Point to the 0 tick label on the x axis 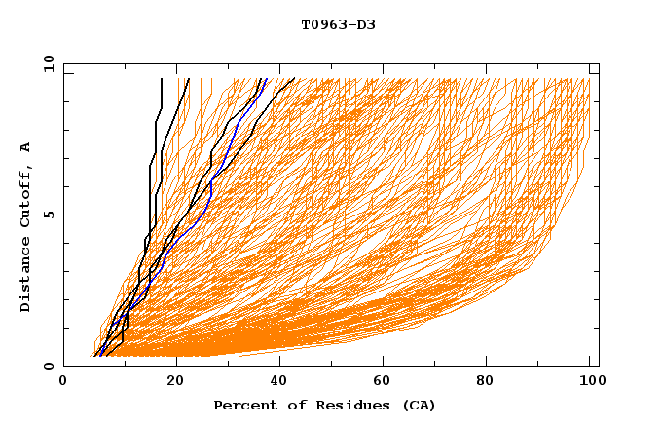coord(63,381)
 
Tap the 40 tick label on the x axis coord(280,381)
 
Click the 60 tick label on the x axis coord(386,381)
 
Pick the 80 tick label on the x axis coord(491,381)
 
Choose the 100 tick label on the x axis coord(590,381)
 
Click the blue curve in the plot coord(208,195)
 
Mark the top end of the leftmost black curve coord(162,79)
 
